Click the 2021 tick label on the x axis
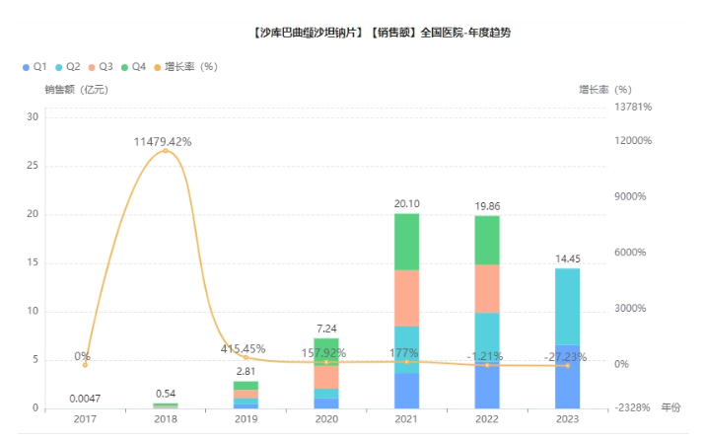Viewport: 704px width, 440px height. [x=406, y=418]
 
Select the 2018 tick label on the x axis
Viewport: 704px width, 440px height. [x=165, y=418]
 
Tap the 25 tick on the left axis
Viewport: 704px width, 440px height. [x=33, y=166]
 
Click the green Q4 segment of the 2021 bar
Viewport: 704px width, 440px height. [x=406, y=241]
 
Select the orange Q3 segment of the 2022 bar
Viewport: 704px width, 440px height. [x=487, y=288]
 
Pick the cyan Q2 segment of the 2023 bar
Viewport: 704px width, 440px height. [x=567, y=306]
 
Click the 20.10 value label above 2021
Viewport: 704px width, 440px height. [x=406, y=204]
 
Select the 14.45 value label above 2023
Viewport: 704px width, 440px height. [x=567, y=258]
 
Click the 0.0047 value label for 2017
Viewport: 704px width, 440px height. [x=84, y=399]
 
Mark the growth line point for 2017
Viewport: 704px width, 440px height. [x=85, y=365]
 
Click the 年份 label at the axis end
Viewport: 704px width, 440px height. [x=670, y=406]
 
